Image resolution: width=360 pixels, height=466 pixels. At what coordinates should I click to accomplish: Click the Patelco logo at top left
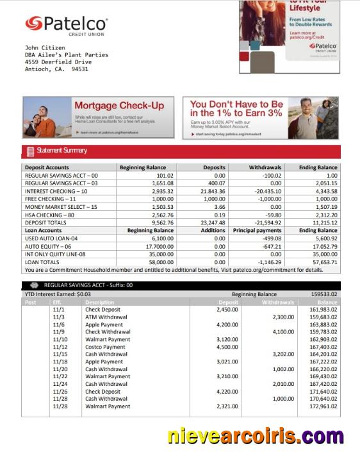(66, 24)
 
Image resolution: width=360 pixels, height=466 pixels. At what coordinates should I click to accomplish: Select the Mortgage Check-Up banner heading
(119, 106)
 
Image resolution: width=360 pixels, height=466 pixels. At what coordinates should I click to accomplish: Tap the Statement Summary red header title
(61, 151)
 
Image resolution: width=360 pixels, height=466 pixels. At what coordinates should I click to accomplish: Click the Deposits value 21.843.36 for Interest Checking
(210, 191)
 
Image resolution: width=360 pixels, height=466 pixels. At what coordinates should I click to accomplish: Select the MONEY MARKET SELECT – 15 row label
(61, 207)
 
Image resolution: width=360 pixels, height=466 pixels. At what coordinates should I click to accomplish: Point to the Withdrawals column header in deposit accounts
(265, 167)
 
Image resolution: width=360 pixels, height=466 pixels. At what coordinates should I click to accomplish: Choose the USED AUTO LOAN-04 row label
(54, 238)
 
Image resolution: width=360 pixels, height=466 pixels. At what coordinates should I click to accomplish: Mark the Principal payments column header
(257, 230)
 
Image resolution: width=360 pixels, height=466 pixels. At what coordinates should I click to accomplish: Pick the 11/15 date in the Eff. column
(59, 354)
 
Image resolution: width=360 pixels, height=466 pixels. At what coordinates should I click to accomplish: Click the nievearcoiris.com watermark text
(256, 437)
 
